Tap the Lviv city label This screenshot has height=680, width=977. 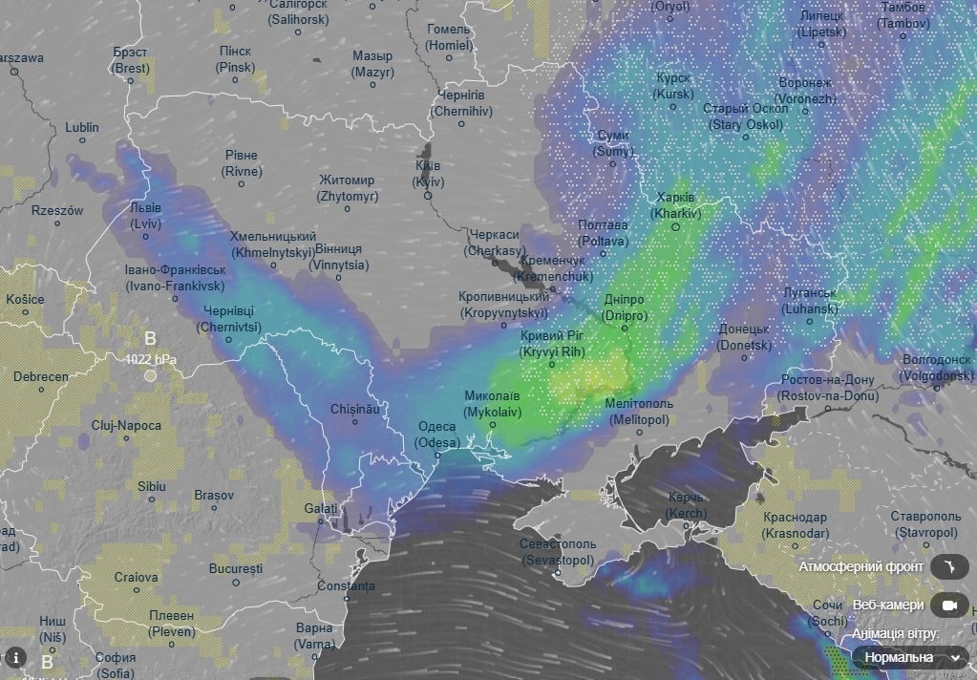tap(146, 216)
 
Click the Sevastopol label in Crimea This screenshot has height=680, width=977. tap(556, 551)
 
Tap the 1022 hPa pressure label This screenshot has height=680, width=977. tap(151, 360)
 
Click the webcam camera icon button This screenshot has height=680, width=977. tap(948, 606)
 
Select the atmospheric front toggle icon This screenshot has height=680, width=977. tap(948, 567)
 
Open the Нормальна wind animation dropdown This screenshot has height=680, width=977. tap(908, 657)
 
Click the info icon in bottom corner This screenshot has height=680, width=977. tap(15, 657)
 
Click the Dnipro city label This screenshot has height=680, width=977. tap(626, 308)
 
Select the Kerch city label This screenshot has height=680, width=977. tap(686, 505)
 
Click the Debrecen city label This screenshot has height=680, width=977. tap(41, 376)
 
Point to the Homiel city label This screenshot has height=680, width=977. tap(450, 37)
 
